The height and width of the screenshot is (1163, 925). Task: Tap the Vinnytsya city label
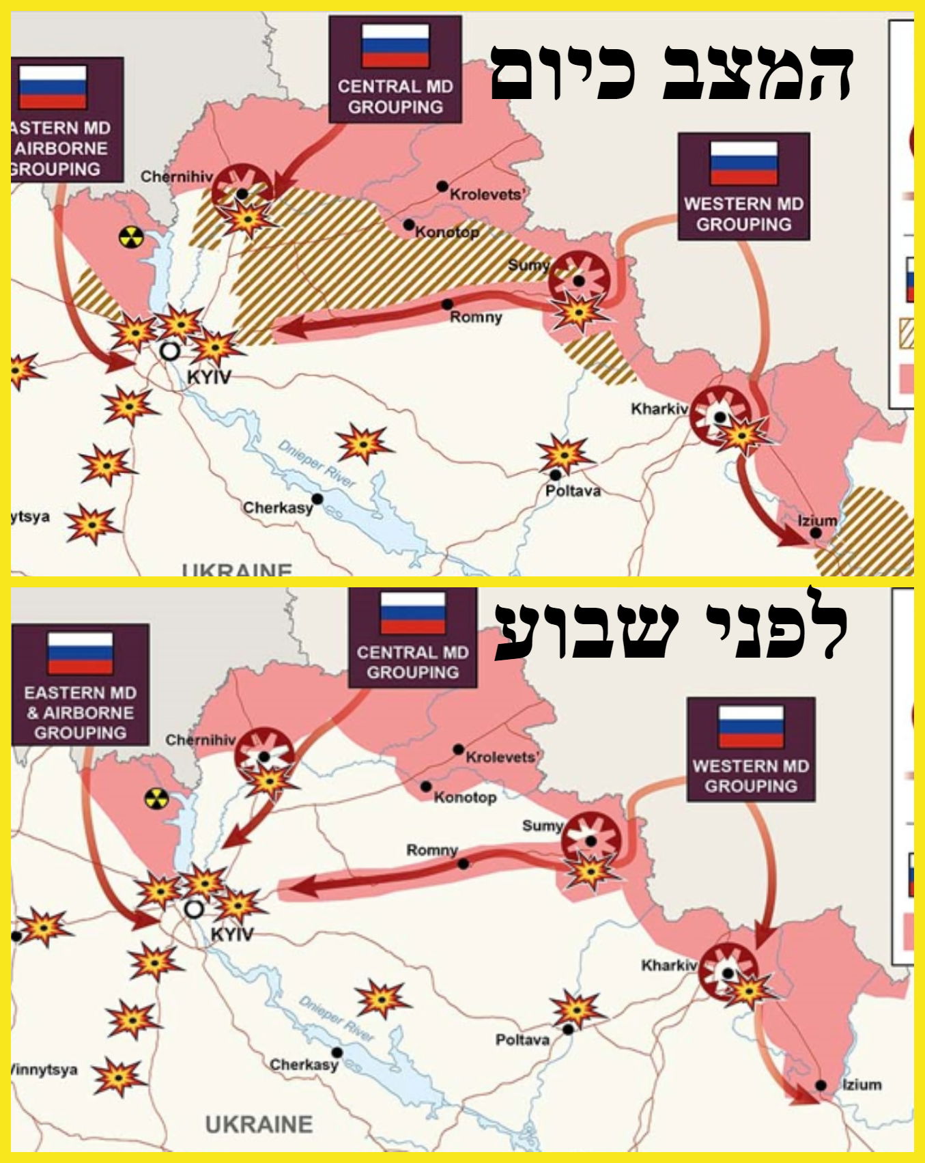[x=44, y=1069]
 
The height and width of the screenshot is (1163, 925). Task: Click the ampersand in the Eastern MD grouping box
[x=32, y=713]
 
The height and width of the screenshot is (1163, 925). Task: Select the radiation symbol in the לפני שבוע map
[x=156, y=798]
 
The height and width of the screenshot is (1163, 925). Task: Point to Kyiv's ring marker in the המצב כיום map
[x=169, y=351]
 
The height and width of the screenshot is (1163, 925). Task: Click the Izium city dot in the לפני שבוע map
[x=821, y=1085]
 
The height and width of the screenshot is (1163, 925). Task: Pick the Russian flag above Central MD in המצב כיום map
[x=395, y=46]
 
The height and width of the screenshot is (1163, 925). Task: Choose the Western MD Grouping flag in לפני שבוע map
[x=751, y=727]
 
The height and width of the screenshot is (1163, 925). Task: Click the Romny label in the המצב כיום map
[x=476, y=318]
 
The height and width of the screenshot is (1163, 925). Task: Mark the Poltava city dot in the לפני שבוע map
[x=568, y=1029]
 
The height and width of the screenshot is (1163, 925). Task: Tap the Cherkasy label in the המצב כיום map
[x=277, y=508]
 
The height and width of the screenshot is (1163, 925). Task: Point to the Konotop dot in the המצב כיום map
[x=408, y=225]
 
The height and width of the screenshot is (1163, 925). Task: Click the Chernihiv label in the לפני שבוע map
[x=200, y=740]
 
